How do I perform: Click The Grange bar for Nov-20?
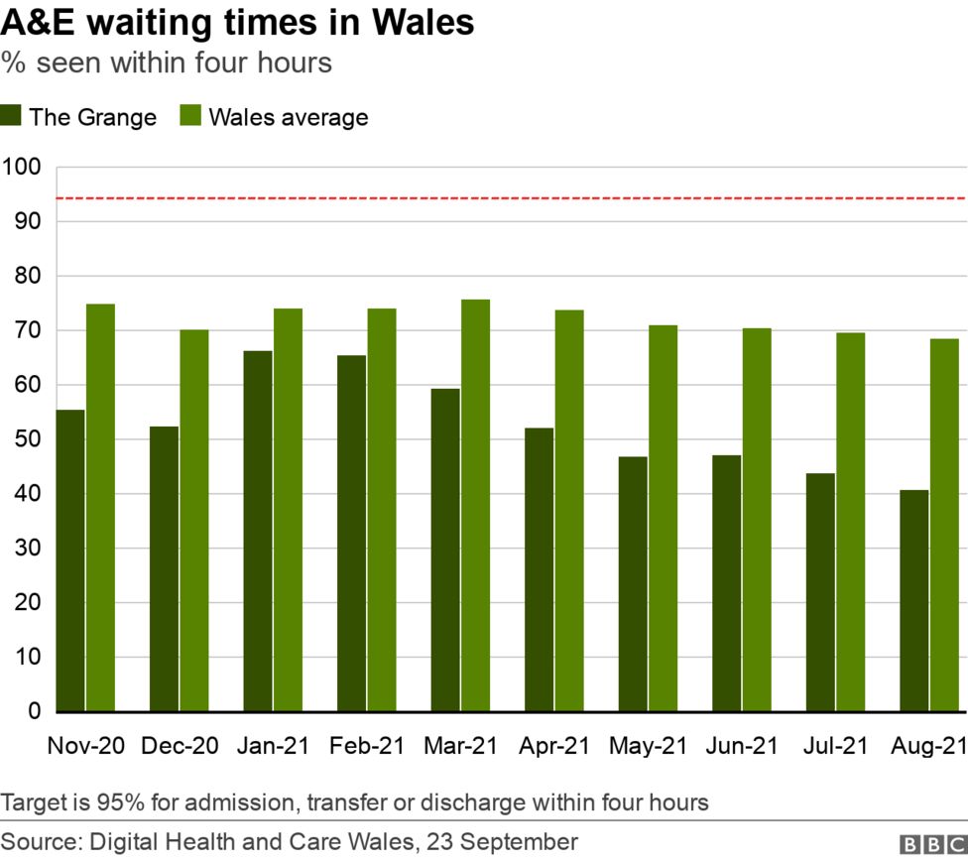[70, 560]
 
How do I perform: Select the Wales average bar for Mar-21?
[475, 506]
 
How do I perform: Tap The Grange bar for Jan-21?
[258, 531]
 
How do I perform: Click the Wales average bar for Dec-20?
[194, 521]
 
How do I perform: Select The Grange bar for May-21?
[633, 584]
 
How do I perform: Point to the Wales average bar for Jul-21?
[850, 522]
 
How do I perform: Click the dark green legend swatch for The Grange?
[11, 116]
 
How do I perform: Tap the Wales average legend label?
[289, 117]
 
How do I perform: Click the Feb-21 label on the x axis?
[367, 746]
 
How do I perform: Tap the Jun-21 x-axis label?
[742, 746]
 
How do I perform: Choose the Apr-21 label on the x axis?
[554, 746]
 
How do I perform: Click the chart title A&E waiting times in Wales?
[237, 23]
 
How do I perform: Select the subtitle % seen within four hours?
[166, 62]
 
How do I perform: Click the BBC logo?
[931, 843]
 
